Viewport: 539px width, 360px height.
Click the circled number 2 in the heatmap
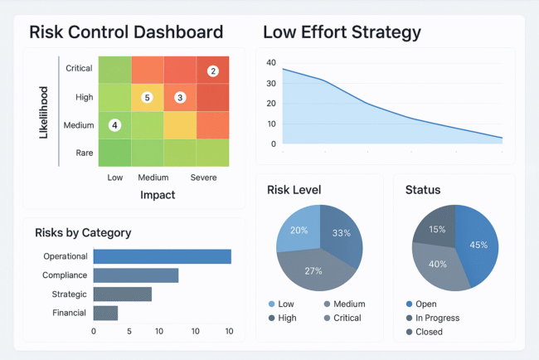[213, 71]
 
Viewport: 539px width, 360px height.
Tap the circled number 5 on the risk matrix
[148, 98]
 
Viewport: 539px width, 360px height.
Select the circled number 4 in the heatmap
[114, 125]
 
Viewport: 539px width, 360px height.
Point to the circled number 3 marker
[180, 98]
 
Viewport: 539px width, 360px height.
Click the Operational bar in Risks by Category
[162, 257]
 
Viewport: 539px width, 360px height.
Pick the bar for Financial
[105, 313]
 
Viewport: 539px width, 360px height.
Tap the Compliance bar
[135, 275]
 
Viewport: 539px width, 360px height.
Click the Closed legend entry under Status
[430, 332]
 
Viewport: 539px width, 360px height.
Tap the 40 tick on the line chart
[270, 63]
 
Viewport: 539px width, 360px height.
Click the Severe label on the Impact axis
[204, 178]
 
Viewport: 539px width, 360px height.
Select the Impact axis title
[157, 195]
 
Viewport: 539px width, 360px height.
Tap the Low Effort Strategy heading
[342, 32]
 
